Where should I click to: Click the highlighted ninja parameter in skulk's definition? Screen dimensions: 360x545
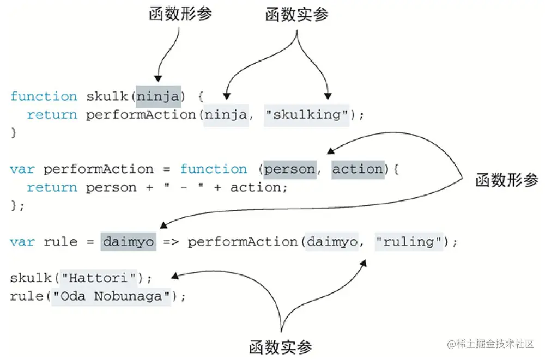pyautogui.click(x=158, y=96)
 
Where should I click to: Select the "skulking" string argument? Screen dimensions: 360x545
pyautogui.click(x=306, y=115)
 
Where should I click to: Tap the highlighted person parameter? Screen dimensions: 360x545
pyautogui.click(x=289, y=169)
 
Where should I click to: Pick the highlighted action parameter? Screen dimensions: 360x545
pyautogui.click(x=358, y=169)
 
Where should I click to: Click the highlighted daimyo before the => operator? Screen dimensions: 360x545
pyautogui.click(x=128, y=241)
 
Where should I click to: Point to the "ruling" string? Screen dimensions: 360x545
pyautogui.click(x=408, y=241)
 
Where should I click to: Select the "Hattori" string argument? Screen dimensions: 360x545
pyautogui.click(x=98, y=278)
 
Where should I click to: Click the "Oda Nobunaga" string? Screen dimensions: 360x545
pyautogui.click(x=111, y=296)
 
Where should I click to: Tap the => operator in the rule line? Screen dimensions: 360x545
pyautogui.click(x=171, y=241)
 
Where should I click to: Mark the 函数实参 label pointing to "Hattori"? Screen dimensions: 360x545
pyautogui.click(x=281, y=346)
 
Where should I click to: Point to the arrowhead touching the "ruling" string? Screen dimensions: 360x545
pyautogui.click(x=364, y=263)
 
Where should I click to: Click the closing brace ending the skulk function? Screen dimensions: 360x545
pyautogui.click(x=14, y=132)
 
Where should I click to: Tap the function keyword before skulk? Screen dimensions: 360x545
pyautogui.click(x=44, y=96)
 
